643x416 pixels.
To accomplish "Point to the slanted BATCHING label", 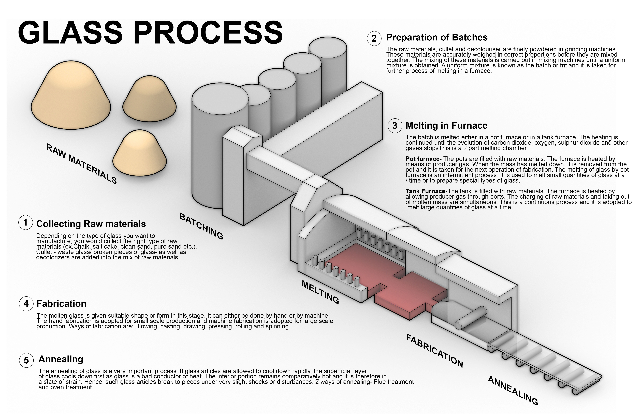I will click(201, 226).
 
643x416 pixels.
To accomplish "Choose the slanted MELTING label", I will click(320, 292).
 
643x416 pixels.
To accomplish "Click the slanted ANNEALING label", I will click(513, 390).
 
